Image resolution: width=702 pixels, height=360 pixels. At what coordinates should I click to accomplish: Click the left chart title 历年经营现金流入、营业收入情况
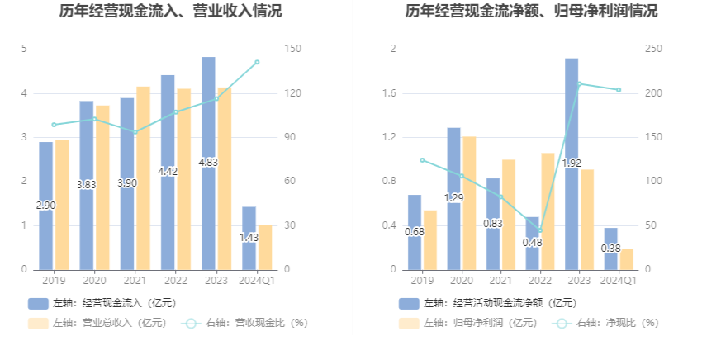170,12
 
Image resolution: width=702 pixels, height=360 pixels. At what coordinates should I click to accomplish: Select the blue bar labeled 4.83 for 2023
208,124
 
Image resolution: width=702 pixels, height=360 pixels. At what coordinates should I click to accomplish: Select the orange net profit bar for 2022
548,211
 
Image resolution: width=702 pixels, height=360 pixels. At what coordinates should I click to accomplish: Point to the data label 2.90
46,205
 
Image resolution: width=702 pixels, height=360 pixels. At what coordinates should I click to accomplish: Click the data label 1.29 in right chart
454,198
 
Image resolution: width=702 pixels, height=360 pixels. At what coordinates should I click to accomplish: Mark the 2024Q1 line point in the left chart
257,62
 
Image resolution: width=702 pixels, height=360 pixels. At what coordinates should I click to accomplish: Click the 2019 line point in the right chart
422,160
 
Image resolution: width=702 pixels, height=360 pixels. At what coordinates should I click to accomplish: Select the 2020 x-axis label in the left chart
94,282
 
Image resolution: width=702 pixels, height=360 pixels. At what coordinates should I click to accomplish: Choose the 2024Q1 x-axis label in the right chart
618,282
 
